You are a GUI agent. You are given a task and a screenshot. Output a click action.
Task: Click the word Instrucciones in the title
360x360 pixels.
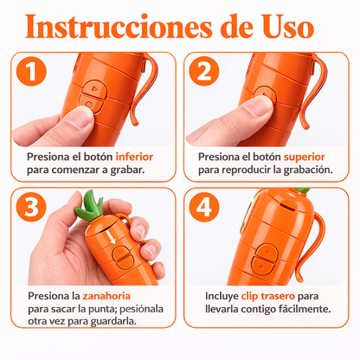[119, 27]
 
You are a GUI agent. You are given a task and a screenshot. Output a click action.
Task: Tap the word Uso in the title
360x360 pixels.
[288, 27]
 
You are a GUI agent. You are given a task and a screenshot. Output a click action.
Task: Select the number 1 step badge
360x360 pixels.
[31, 71]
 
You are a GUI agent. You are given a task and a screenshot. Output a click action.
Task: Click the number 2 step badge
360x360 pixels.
[204, 71]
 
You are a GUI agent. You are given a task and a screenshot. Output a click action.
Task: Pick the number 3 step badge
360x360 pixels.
[31, 207]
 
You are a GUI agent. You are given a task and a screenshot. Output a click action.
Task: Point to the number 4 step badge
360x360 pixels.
[204, 207]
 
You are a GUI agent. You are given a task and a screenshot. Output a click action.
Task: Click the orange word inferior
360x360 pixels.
[134, 157]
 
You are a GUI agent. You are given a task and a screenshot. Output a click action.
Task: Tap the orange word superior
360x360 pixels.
[305, 157]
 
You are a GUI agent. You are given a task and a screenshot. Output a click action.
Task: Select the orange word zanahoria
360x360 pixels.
[106, 296]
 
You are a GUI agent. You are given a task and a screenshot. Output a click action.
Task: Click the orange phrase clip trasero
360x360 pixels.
[268, 297]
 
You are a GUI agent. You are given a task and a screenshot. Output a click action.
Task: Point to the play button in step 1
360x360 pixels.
[94, 88]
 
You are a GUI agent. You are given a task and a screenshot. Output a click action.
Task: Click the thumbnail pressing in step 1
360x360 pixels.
[78, 118]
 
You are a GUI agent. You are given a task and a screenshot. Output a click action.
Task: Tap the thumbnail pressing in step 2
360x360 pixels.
[258, 106]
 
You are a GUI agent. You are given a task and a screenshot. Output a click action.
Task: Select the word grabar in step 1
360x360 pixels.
[127, 170]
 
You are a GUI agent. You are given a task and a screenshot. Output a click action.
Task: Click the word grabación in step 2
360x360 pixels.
[308, 170]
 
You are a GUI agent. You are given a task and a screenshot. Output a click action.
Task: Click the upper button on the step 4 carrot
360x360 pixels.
[266, 252]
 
